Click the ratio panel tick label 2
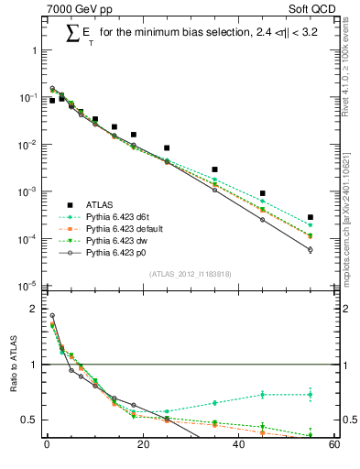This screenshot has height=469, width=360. [34, 309]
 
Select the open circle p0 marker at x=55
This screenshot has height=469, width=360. [311, 249]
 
